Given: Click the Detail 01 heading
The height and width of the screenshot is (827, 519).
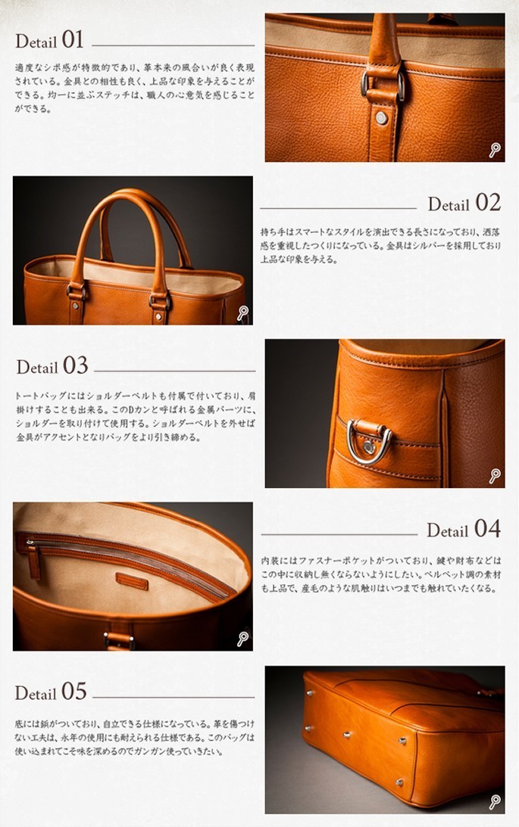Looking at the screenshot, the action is (x=49, y=40).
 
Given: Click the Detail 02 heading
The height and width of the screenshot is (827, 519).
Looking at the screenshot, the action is (x=464, y=203).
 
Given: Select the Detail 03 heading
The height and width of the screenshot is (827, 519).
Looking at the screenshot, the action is (x=52, y=366).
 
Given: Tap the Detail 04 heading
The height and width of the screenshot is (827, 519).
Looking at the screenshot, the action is (x=463, y=529).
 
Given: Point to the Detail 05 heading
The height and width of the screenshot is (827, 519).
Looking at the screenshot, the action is (x=51, y=692).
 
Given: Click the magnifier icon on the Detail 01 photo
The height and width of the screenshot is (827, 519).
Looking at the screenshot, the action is (x=494, y=150).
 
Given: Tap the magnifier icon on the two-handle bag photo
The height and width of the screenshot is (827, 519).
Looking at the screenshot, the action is (x=242, y=312).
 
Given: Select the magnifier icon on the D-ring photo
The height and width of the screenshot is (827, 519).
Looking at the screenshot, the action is (x=494, y=476).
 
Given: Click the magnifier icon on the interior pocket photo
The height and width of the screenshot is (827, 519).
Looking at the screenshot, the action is (x=242, y=639).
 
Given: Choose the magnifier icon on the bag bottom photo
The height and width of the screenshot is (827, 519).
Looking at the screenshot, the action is (x=494, y=802).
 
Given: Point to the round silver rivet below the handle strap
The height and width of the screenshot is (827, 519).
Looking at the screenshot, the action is (x=381, y=118).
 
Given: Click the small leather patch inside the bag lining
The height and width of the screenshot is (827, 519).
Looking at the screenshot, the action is (x=132, y=581).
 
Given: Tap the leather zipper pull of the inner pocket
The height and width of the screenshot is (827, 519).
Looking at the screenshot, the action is (x=34, y=561).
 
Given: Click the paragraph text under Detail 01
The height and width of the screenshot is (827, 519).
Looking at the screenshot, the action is (x=135, y=88).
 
